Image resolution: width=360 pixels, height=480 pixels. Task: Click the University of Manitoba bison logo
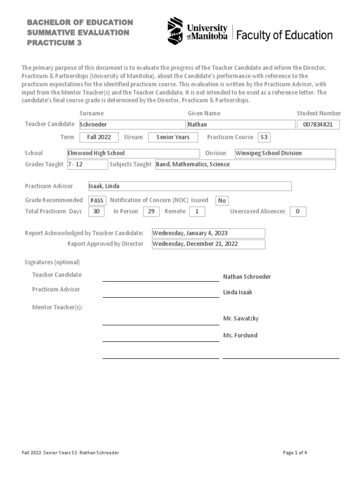click(x=175, y=30)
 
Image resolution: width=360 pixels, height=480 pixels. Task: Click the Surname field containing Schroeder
click(x=132, y=125)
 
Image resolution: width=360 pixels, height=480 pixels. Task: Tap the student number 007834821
click(x=318, y=125)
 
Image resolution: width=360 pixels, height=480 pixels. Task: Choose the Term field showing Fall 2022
click(x=99, y=137)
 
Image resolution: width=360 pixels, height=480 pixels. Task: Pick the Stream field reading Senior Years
click(x=172, y=137)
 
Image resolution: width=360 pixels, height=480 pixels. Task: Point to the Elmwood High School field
click(x=133, y=153)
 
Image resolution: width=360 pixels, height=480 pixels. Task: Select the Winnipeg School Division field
click(x=285, y=153)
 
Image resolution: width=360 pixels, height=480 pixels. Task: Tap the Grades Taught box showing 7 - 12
click(x=87, y=165)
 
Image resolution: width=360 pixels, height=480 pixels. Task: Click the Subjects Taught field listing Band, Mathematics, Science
click(x=245, y=165)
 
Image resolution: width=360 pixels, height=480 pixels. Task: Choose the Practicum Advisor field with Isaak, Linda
click(x=190, y=186)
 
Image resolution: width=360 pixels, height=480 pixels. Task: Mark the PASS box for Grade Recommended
click(x=97, y=201)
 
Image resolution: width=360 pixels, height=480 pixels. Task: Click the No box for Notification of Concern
click(x=222, y=201)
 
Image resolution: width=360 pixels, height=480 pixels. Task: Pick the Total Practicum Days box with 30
click(x=97, y=211)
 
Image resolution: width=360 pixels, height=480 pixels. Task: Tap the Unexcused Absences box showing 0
click(x=298, y=211)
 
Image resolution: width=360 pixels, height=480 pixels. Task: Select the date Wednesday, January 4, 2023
click(x=208, y=233)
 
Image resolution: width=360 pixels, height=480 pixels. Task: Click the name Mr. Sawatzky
click(x=240, y=319)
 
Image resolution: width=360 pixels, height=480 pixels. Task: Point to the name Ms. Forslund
click(x=240, y=336)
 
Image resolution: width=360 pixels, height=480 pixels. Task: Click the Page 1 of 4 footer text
click(x=295, y=453)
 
